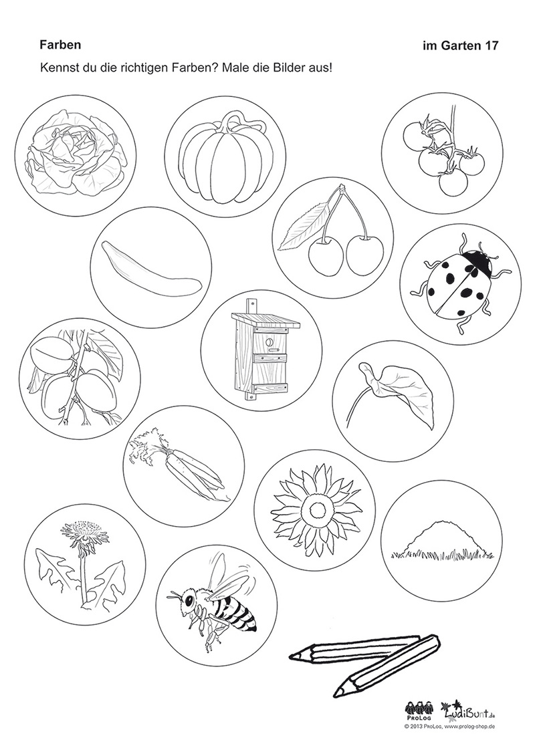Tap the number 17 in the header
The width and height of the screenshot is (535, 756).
click(492, 46)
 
